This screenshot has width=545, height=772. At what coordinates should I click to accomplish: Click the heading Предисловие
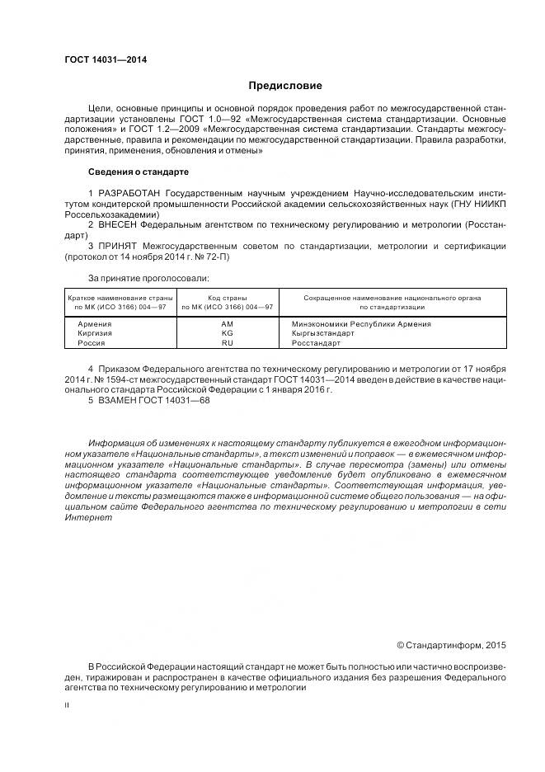click(x=285, y=85)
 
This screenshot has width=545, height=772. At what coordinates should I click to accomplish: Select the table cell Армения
click(x=95, y=323)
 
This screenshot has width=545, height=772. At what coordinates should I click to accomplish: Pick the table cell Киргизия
click(x=95, y=332)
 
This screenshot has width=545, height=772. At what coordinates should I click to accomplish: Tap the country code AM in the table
click(x=228, y=323)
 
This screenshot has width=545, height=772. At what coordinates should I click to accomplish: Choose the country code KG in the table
click(x=228, y=332)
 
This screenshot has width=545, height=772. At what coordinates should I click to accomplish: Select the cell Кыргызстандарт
click(x=323, y=332)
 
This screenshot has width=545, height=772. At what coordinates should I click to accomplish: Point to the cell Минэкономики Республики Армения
click(x=360, y=323)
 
